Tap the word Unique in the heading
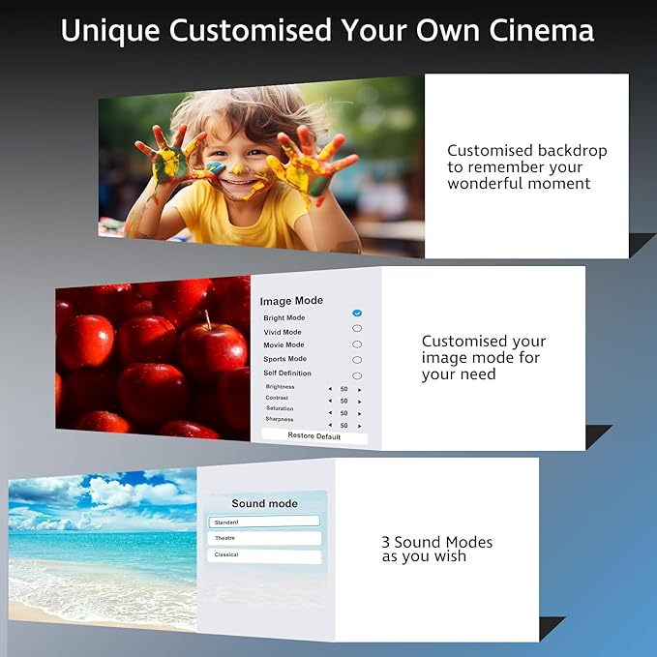tap(109, 31)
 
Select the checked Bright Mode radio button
tap(357, 314)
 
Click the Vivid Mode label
tap(283, 332)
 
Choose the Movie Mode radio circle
tap(357, 343)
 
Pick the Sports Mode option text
tap(284, 359)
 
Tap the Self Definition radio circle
tap(357, 374)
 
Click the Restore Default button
tap(314, 435)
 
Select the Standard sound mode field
tap(264, 522)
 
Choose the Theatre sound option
tap(264, 538)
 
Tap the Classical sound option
tap(264, 555)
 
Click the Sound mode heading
tap(264, 503)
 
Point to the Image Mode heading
tap(291, 301)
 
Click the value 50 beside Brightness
tap(343, 389)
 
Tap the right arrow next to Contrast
tap(360, 399)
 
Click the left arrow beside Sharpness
tap(329, 425)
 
